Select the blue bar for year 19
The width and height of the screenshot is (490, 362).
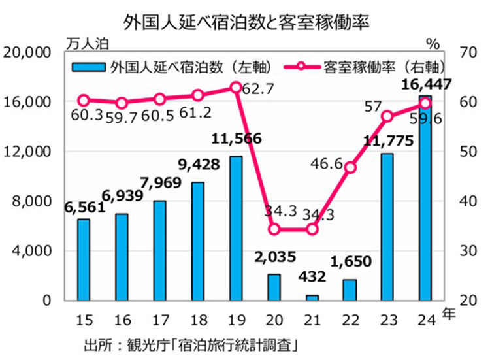click(x=236, y=228)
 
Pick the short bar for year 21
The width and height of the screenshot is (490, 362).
click(x=312, y=297)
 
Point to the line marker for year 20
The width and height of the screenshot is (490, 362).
click(x=274, y=229)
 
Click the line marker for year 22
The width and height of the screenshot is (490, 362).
click(x=350, y=167)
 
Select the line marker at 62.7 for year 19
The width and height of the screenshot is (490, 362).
click(x=236, y=88)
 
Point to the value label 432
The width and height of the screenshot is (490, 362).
click(x=312, y=276)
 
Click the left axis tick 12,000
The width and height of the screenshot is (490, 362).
click(x=31, y=152)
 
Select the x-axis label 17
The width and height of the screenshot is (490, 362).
click(x=159, y=320)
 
